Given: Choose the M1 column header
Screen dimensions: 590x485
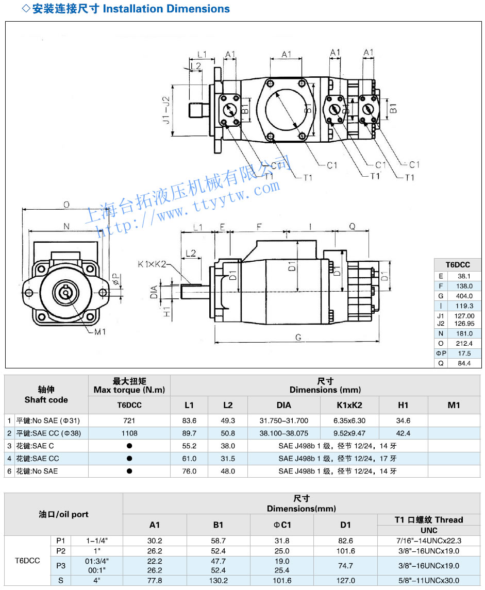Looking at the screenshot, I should (454, 405).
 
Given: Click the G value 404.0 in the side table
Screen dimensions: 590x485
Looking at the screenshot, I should (464, 296).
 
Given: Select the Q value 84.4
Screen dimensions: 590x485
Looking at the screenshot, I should (464, 363).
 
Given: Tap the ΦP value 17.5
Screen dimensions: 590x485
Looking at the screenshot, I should (464, 353).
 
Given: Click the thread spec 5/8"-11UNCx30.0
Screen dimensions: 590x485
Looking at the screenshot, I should (429, 580).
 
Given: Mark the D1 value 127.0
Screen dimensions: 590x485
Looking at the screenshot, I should (345, 580).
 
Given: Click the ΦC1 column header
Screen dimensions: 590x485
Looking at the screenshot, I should (282, 525).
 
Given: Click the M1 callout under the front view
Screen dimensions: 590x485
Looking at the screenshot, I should (99, 332).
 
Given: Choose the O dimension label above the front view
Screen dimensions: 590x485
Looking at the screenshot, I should (66, 205).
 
